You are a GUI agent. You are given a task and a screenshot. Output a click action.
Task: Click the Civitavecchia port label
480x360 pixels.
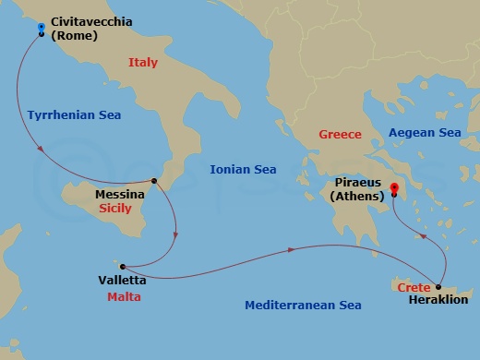pos(90,20)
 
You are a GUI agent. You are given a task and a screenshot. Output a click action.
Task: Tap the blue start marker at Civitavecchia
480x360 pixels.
pos(42,29)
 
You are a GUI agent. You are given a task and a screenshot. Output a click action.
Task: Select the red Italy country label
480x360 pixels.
pos(142,63)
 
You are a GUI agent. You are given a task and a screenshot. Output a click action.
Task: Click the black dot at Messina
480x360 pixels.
pos(154,181)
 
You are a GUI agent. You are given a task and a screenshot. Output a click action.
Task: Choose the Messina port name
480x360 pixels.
pos(119,196)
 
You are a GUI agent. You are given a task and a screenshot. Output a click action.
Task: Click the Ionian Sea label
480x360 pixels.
pos(244,169)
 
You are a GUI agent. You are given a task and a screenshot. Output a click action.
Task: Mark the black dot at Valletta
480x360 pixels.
pos(119,264)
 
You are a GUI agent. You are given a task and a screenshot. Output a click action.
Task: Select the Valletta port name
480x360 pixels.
pos(121,280)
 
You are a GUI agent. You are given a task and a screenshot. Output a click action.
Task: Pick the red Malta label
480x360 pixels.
pos(124,297)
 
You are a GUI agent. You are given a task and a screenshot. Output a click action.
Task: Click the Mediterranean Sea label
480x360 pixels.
pos(303,305)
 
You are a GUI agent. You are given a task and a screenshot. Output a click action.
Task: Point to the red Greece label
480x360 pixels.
pos(340,135)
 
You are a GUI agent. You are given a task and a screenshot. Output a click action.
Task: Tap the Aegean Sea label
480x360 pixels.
pos(425,133)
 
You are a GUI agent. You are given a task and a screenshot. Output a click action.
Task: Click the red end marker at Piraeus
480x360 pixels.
pos(394,189)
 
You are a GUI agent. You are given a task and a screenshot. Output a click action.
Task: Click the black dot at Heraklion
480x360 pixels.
pos(438,287)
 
